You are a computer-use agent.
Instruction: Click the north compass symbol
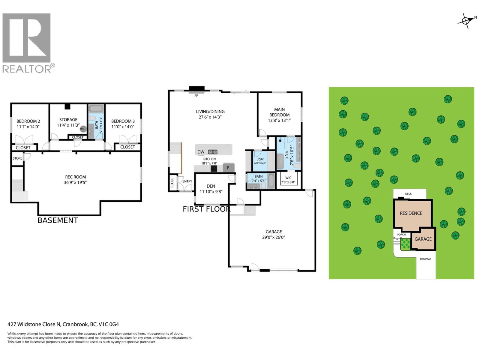pos(466,21)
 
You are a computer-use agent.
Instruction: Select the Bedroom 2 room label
pos(28,121)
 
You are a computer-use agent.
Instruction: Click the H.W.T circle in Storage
pos(83,129)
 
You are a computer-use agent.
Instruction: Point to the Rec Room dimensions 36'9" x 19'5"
pos(75,182)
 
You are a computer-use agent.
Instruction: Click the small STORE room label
pos(17,158)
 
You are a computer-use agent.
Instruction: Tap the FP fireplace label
pos(196,96)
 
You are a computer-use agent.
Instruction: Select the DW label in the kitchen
pos(201,152)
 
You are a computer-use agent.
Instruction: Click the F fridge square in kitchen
pos(228,168)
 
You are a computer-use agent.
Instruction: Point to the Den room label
pos(211,186)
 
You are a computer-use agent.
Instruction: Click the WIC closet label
pos(288,178)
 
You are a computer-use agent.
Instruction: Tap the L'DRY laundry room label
pos(260,160)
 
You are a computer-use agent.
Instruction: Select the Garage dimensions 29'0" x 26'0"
pos(273,237)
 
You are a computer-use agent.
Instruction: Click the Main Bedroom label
pos(279,112)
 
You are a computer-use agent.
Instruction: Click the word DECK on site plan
pos(408,194)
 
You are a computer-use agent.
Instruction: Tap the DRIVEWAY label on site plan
pos(425,259)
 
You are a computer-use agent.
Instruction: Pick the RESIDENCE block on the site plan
pos(411,213)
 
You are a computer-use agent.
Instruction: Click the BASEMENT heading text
pos(58,220)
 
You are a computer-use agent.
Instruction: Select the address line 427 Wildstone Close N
pos(63,324)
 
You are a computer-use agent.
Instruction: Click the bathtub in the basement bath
pos(96,108)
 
